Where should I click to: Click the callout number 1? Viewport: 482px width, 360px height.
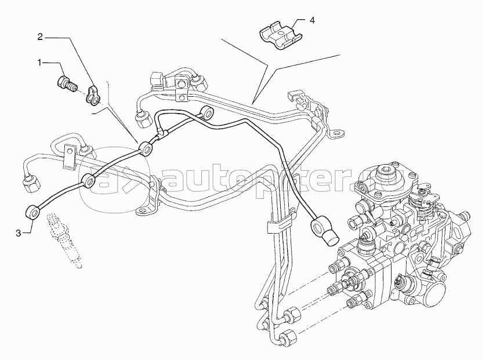point(40,61)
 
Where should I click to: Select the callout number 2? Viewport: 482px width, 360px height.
point(40,37)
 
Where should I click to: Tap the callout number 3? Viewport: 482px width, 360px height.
point(19,232)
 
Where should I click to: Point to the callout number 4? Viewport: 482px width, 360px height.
point(311,20)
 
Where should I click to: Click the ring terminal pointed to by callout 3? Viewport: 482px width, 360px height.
point(34,212)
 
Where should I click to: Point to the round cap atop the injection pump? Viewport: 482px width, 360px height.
point(385,172)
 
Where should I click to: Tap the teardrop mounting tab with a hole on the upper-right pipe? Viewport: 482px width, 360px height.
point(335,135)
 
